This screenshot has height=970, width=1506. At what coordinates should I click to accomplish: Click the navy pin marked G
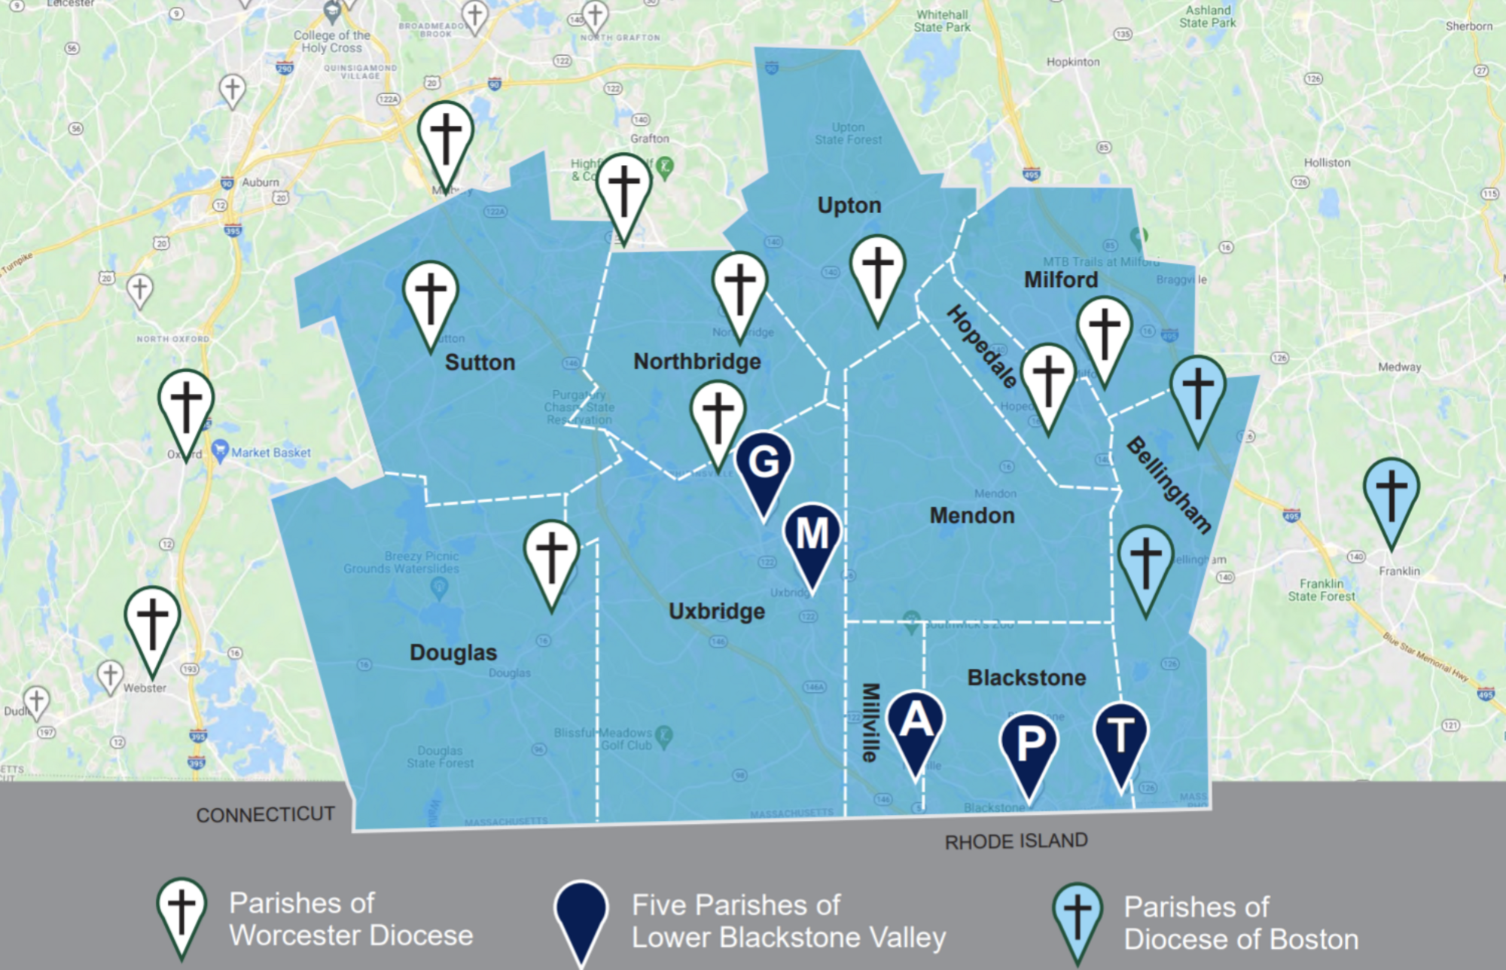[764, 463]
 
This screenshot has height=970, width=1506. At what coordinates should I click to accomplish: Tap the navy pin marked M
[812, 535]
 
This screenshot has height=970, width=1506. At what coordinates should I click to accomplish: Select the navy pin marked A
[915, 721]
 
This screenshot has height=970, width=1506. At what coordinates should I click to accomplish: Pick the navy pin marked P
[1029, 744]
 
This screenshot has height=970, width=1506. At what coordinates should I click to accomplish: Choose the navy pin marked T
[1120, 736]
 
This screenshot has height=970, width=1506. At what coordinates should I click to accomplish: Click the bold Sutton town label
[480, 362]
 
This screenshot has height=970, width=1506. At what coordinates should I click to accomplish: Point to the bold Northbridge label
[697, 361]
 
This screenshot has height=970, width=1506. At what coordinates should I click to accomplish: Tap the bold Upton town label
[849, 206]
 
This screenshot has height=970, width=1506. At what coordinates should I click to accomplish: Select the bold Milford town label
[1061, 280]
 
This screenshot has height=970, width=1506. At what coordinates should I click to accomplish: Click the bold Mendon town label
[972, 516]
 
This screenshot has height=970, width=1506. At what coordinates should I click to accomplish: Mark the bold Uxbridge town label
[717, 611]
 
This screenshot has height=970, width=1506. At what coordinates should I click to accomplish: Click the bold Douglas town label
[453, 652]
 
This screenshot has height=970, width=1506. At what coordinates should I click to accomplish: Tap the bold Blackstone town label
[1026, 678]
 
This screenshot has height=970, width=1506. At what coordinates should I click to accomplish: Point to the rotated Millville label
[870, 722]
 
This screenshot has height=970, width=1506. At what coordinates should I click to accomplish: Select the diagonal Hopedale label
[982, 346]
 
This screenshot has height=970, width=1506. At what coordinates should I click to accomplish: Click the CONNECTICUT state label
[265, 815]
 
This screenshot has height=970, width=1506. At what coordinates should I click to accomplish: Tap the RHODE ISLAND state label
[1016, 841]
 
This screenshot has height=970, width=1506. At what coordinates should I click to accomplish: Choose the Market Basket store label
[271, 453]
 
